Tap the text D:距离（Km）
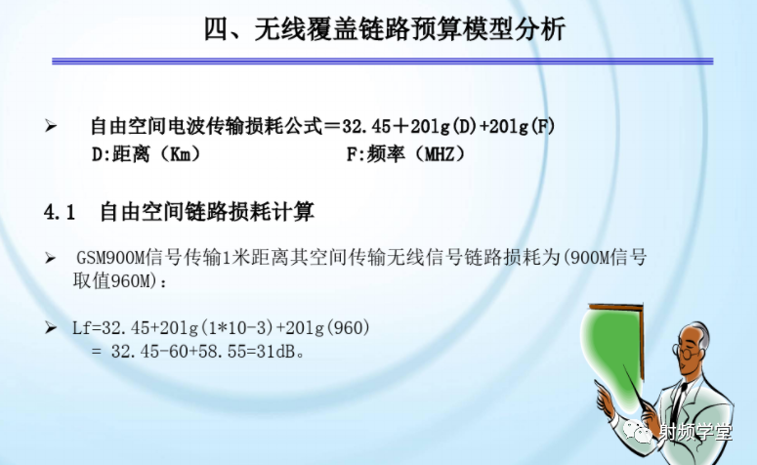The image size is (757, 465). pos(146,154)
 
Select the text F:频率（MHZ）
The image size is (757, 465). pos(405,154)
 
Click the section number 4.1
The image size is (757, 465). pos(60,212)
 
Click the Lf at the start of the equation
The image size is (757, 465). pos(83,327)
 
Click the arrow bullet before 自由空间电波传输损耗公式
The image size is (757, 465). pos(52,127)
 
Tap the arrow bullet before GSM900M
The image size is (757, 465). pos(52,259)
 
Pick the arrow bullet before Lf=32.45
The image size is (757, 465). pos(52,327)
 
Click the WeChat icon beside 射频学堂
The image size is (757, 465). pos(646,432)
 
